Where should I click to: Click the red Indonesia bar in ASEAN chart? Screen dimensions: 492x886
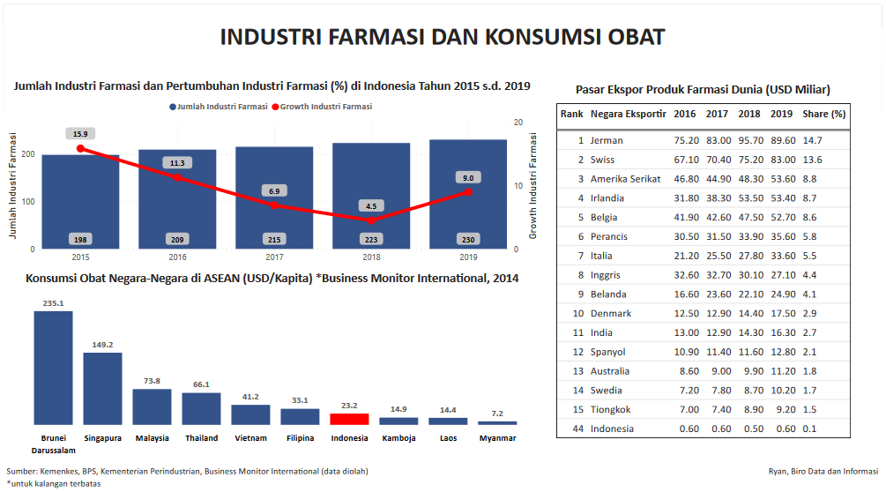pyautogui.click(x=349, y=419)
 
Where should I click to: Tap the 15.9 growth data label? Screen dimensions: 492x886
pyautogui.click(x=80, y=134)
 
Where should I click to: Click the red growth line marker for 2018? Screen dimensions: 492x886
pyautogui.click(x=371, y=220)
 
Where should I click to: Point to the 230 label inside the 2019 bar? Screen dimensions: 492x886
pyautogui.click(x=468, y=240)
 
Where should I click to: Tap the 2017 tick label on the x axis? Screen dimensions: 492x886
pyautogui.click(x=274, y=257)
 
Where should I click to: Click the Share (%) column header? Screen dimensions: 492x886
pyautogui.click(x=823, y=114)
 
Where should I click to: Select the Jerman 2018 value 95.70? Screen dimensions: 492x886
pyautogui.click(x=749, y=140)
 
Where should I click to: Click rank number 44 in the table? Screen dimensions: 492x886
pyautogui.click(x=577, y=429)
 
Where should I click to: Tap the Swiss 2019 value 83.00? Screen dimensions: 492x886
pyautogui.click(x=781, y=160)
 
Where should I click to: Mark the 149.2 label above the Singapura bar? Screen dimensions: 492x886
pyautogui.click(x=102, y=345)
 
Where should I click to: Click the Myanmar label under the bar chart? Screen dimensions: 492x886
pyautogui.click(x=497, y=438)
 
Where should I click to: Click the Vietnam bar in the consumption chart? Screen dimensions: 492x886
pyautogui.click(x=250, y=414)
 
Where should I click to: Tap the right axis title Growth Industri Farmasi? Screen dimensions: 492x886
pyautogui.click(x=532, y=186)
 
